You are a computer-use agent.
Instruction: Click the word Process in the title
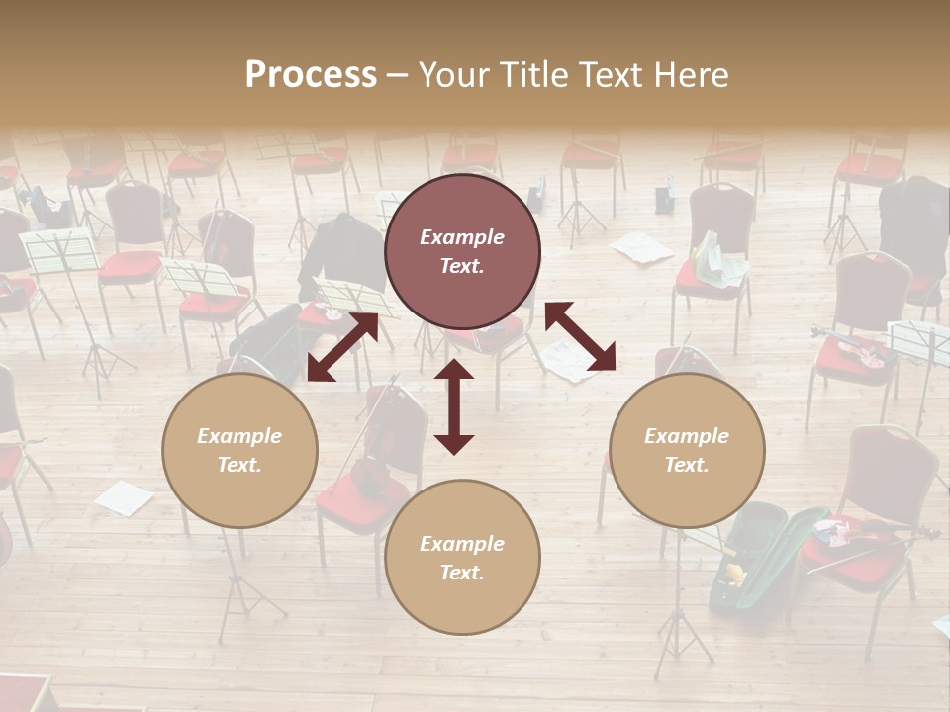311,75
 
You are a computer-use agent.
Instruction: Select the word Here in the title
689,75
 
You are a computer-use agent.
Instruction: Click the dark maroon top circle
462,251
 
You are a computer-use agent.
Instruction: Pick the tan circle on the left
239,450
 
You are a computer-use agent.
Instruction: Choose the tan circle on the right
687,450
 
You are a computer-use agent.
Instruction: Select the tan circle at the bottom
462,558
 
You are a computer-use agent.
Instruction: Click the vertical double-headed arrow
454,406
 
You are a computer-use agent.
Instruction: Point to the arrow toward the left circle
342,347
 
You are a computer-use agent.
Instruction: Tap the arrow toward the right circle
580,337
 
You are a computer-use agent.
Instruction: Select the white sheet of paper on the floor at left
125,496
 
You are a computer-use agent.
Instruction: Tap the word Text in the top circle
462,266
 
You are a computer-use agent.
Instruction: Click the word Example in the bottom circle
462,544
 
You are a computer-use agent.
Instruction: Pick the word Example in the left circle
239,436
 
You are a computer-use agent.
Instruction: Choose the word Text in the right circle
687,465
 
